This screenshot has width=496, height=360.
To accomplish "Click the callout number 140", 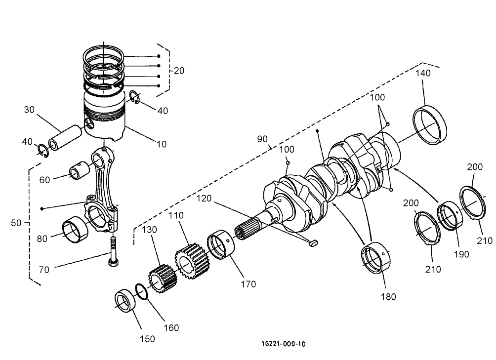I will (423, 73).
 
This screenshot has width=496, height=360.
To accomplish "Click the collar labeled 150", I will (126, 302).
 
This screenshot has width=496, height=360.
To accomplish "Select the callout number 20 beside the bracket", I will (178, 71).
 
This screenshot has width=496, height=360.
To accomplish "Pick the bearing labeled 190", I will (450, 215).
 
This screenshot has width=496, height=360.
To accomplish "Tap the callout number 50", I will (17, 223).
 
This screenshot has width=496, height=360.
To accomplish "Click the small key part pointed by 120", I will (312, 242).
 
